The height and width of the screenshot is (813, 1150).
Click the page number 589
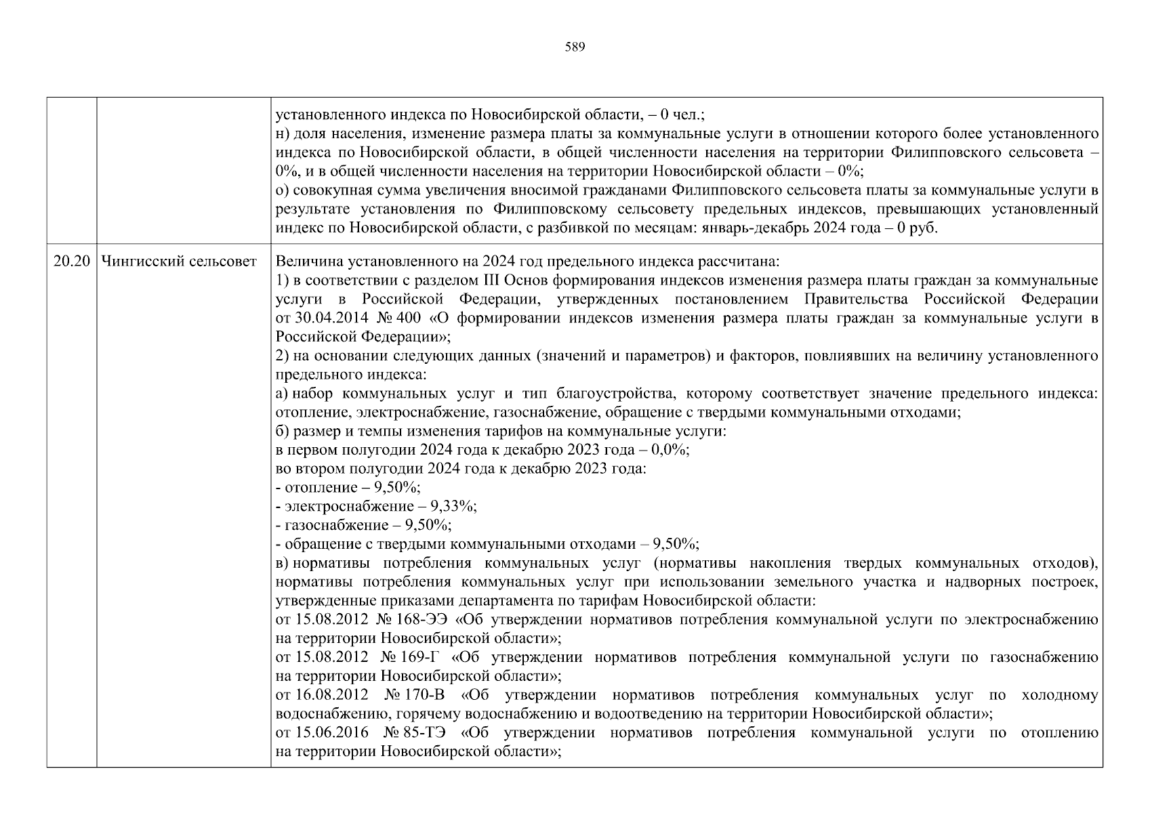[575, 47]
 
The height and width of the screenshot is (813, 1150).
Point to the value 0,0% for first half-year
[669, 450]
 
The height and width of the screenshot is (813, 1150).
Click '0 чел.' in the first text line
[678, 115]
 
